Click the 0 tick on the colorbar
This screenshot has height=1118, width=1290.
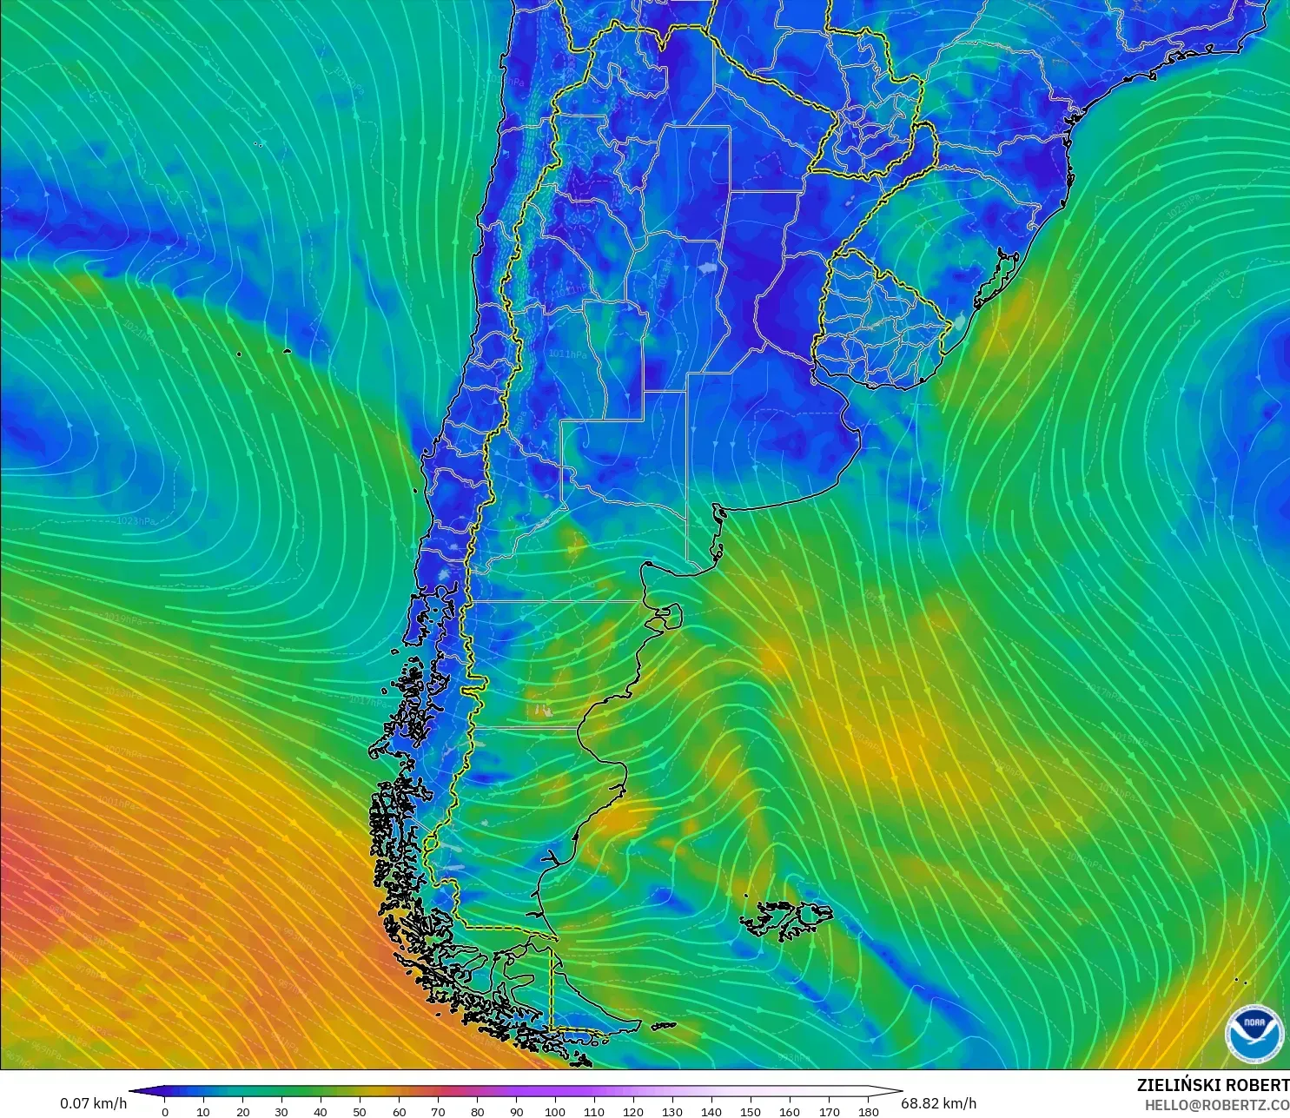pyautogui.click(x=165, y=1111)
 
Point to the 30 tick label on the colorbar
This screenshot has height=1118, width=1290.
pyautogui.click(x=281, y=1111)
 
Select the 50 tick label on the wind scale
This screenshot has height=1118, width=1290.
pyautogui.click(x=360, y=1111)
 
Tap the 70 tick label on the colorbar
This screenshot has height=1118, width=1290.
pyautogui.click(x=438, y=1111)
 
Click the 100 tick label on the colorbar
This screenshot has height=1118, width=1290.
pyautogui.click(x=555, y=1111)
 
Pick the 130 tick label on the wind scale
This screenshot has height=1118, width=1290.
pyautogui.click(x=672, y=1111)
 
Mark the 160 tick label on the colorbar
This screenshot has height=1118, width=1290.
pyautogui.click(x=790, y=1111)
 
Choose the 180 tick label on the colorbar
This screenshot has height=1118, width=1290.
pyautogui.click(x=868, y=1111)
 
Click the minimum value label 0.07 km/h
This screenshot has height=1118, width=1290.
pyautogui.click(x=93, y=1103)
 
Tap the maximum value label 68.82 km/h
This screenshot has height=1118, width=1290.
pyautogui.click(x=938, y=1103)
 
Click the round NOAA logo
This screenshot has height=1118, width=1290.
pyautogui.click(x=1254, y=1032)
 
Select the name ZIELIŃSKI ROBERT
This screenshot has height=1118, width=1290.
pyautogui.click(x=1213, y=1085)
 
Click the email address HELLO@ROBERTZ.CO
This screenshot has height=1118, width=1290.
pyautogui.click(x=1216, y=1105)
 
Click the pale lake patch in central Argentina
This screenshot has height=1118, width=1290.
pyautogui.click(x=708, y=268)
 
